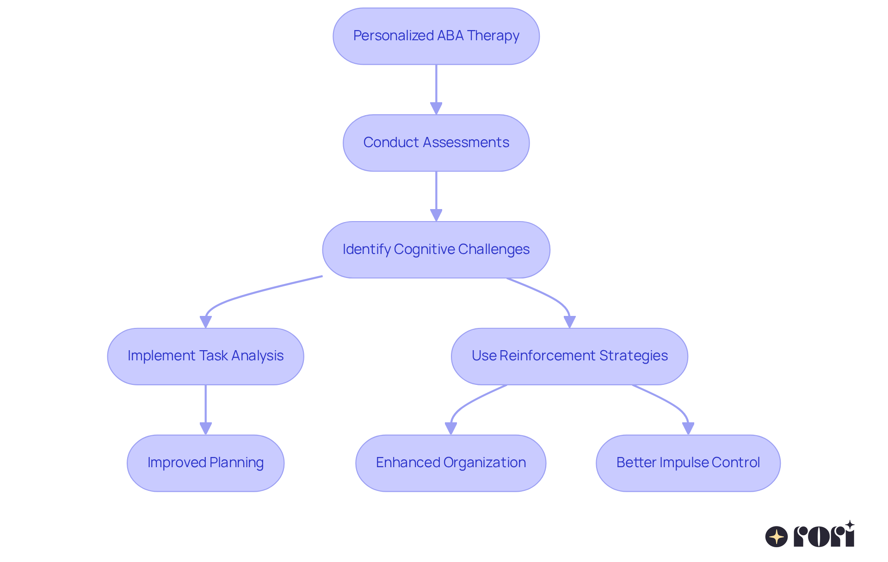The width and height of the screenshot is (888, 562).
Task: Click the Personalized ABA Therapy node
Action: click(x=436, y=36)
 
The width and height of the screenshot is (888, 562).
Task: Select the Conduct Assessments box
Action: click(x=436, y=143)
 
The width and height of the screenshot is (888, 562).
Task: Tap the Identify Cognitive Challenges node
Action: click(x=436, y=250)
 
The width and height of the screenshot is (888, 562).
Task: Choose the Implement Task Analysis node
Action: click(x=205, y=357)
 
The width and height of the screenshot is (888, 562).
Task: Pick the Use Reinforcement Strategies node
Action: click(x=569, y=357)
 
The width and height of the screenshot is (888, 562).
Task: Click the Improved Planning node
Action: click(x=205, y=463)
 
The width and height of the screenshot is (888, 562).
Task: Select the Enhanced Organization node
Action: click(x=450, y=463)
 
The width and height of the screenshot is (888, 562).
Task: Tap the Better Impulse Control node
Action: click(x=688, y=463)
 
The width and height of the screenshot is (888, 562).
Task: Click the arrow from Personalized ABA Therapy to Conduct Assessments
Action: click(x=436, y=90)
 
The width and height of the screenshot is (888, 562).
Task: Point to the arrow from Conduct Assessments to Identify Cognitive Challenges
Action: click(x=436, y=197)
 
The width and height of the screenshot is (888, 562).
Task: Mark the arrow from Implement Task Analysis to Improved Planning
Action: click(x=205, y=410)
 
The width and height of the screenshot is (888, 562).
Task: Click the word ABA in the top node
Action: click(x=450, y=36)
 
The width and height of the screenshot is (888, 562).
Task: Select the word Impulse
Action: click(x=684, y=463)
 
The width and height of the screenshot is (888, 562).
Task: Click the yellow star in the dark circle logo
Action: click(x=777, y=537)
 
